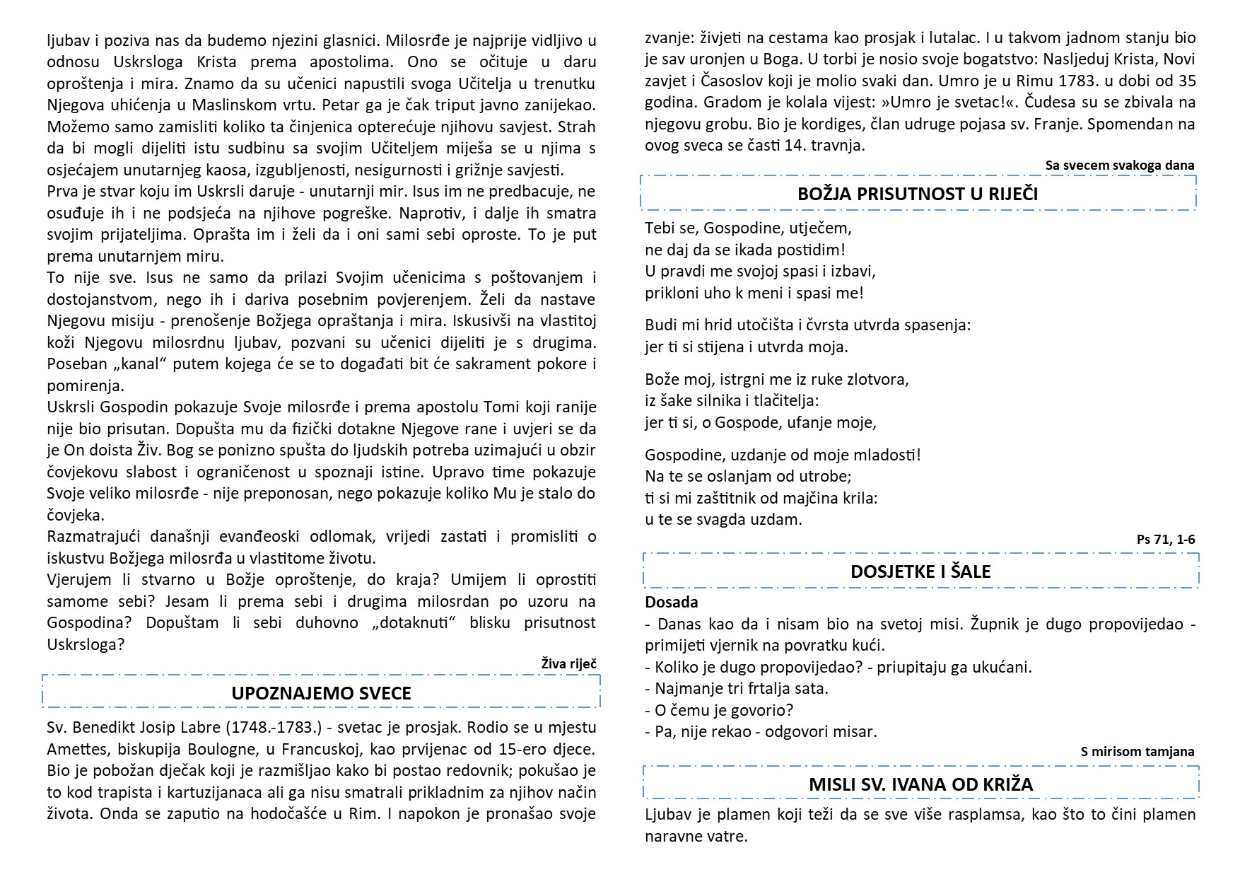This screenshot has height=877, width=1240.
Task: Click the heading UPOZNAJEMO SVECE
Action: tap(321, 693)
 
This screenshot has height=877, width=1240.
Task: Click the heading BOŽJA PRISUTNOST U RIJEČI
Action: tap(918, 194)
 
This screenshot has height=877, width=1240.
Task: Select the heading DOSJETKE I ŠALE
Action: tap(920, 571)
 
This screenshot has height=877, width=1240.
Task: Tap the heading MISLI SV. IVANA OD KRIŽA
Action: tap(920, 784)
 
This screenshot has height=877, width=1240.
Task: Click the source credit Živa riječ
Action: tap(568, 663)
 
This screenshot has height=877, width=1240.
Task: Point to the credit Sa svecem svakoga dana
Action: tap(1119, 165)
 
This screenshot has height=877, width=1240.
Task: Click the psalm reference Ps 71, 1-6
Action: tap(1166, 540)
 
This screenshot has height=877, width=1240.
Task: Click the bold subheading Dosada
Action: tap(671, 603)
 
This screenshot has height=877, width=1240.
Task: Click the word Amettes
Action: tap(75, 749)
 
